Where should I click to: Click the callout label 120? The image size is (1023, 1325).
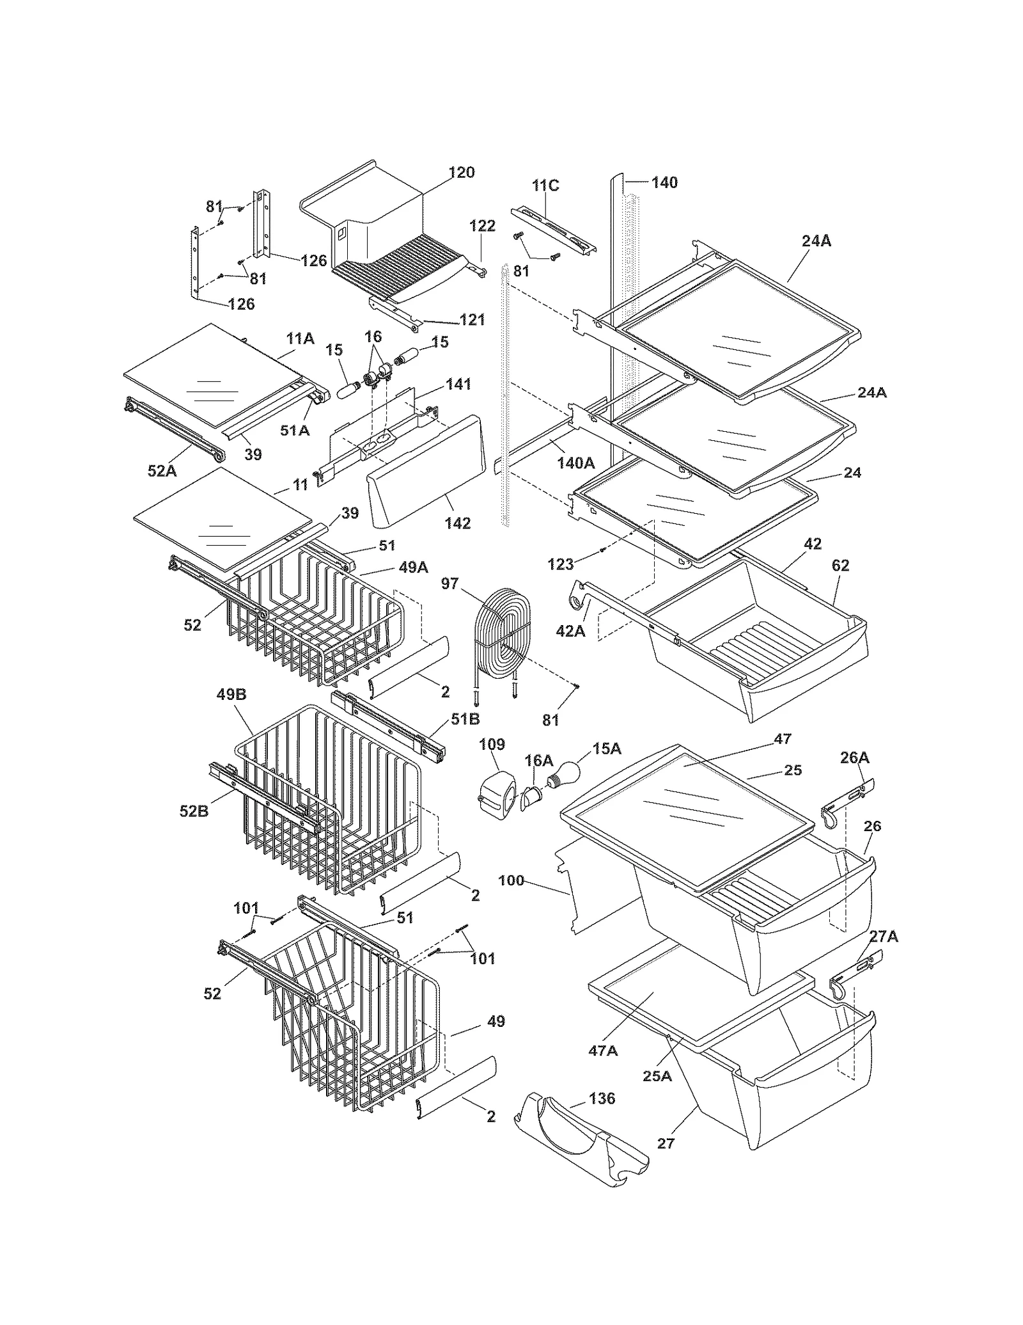(462, 172)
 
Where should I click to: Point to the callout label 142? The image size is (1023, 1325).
(458, 523)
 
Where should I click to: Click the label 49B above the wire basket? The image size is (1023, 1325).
(231, 694)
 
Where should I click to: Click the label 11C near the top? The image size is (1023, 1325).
(545, 186)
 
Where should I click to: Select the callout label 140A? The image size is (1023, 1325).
(575, 463)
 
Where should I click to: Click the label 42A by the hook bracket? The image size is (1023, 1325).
(570, 631)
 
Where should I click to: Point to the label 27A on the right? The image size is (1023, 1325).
(884, 936)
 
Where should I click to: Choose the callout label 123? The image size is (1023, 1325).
(561, 564)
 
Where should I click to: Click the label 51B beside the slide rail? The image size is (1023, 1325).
(465, 718)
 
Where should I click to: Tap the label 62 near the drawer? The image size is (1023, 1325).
(840, 565)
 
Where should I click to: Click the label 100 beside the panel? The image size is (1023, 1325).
(511, 880)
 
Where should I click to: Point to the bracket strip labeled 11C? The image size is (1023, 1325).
(554, 230)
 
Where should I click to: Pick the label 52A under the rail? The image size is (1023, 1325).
(162, 470)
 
